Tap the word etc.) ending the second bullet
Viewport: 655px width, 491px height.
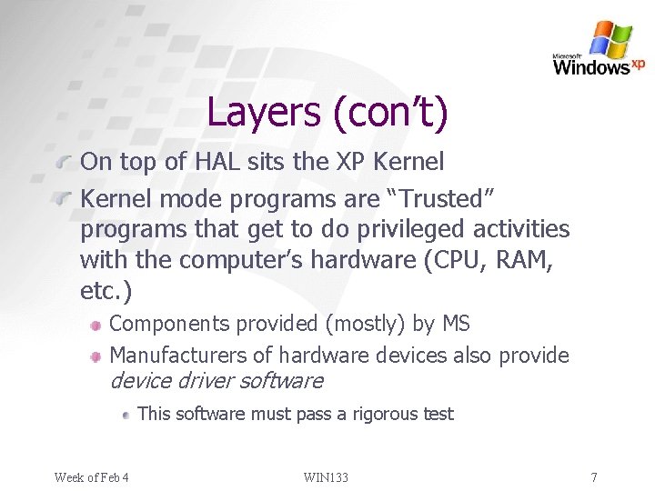pos(106,292)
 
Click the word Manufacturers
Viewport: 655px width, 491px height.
pos(191,355)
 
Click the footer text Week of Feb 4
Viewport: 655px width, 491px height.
pos(91,476)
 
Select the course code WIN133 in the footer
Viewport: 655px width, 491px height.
pos(327,476)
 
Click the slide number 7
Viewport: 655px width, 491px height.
pos(593,476)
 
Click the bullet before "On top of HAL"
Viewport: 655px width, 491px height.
pos(63,164)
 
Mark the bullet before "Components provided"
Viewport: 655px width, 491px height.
pos(96,325)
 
